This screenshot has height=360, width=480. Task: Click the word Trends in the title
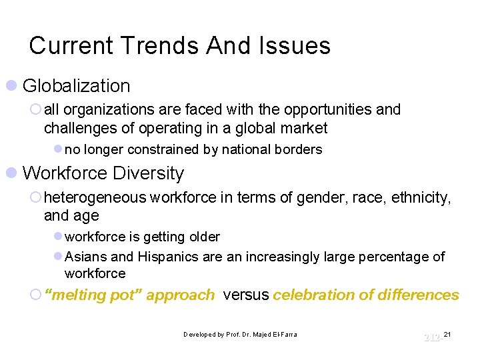tap(161, 45)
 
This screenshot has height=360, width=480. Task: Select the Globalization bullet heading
tap(76, 86)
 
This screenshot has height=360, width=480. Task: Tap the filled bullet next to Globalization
tap(11, 86)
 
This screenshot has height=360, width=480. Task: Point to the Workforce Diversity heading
tap(103, 173)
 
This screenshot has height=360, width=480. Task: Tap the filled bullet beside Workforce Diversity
tap(11, 173)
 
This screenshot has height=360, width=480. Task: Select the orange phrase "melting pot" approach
tap(129, 295)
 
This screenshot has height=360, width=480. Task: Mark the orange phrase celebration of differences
tap(366, 295)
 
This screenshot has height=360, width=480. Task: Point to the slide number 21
tap(447, 333)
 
